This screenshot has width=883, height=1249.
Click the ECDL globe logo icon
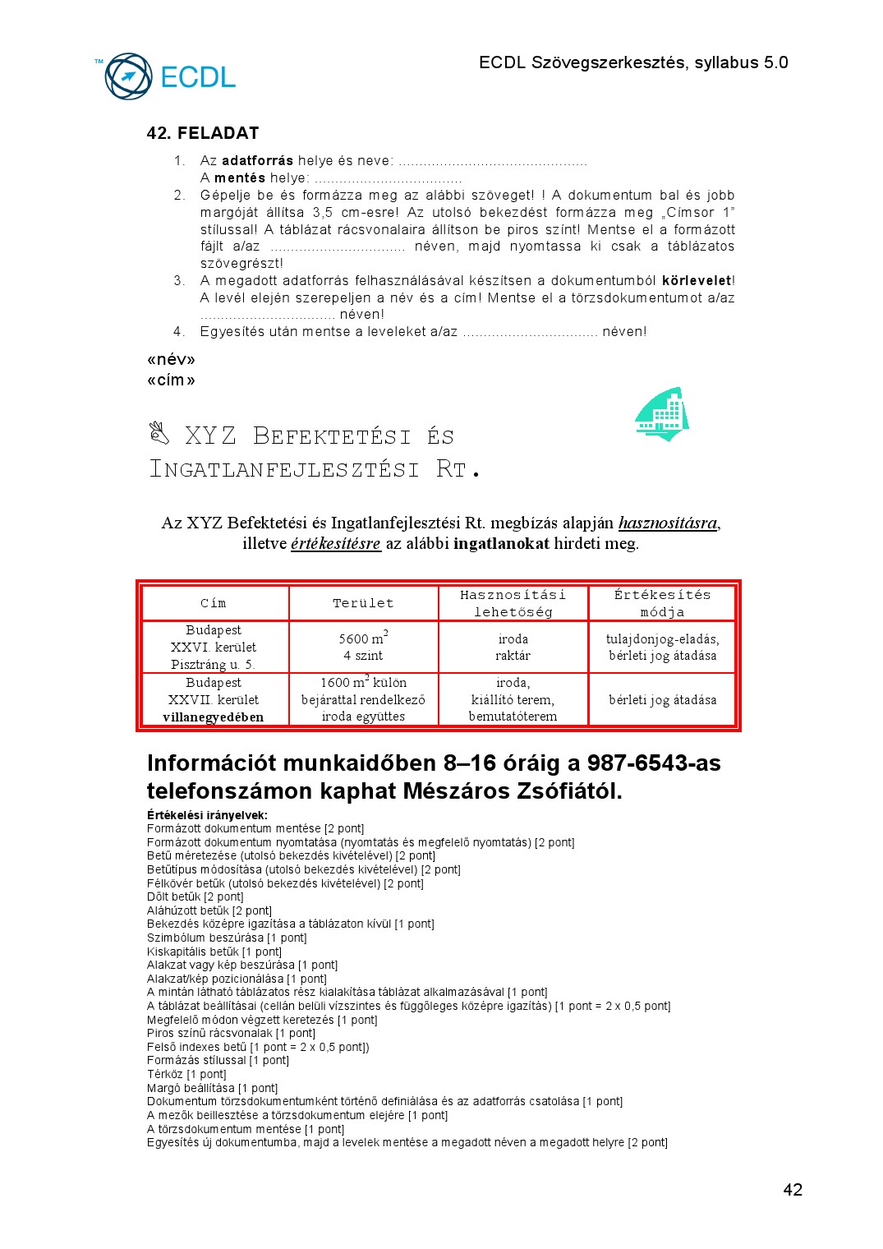(128, 76)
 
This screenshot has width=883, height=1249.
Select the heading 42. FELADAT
(203, 133)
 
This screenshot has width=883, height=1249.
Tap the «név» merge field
(171, 359)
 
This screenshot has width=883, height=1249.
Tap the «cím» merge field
(171, 380)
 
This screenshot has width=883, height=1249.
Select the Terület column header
(363, 603)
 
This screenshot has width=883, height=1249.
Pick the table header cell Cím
(214, 603)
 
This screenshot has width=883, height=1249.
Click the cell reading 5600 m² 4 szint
(363, 647)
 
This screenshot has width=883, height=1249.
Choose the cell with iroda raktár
(513, 647)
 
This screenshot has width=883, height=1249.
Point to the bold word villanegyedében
(214, 717)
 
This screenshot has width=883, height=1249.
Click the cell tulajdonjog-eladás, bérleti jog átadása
(662, 647)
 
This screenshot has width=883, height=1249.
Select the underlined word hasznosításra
(668, 523)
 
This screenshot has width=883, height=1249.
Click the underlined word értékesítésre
(336, 543)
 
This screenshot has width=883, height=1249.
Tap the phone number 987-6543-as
(654, 763)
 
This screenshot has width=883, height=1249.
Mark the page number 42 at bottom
(793, 1190)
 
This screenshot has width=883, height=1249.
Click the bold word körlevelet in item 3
(697, 280)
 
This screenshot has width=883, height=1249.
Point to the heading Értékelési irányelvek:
(207, 815)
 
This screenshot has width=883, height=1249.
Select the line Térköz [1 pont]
(186, 1074)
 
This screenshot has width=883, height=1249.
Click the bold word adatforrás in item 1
(257, 160)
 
